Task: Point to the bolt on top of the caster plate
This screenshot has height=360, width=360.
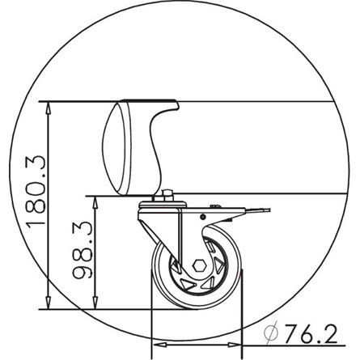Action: point(168,195)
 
